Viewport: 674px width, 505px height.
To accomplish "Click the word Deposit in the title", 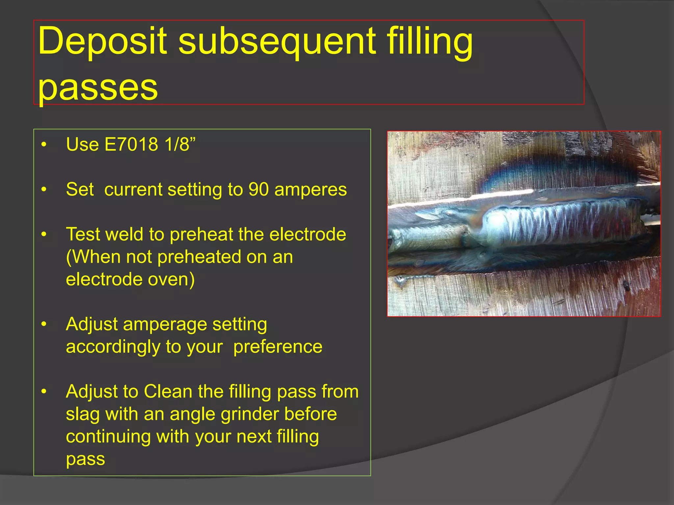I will (x=102, y=41).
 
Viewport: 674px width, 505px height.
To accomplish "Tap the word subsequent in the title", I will (x=277, y=41).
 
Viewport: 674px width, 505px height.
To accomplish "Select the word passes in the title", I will (x=98, y=87).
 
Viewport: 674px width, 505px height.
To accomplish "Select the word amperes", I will (x=310, y=189).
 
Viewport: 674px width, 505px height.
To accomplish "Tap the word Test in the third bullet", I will (x=82, y=234).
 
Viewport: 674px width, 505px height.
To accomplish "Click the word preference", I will (x=278, y=347).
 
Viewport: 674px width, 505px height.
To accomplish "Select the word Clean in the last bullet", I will (x=168, y=392).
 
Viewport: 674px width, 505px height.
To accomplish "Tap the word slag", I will (x=83, y=414).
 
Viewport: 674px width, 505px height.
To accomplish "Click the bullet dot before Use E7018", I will (x=44, y=144).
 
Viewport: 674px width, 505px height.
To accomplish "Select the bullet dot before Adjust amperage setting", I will (x=44, y=325).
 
